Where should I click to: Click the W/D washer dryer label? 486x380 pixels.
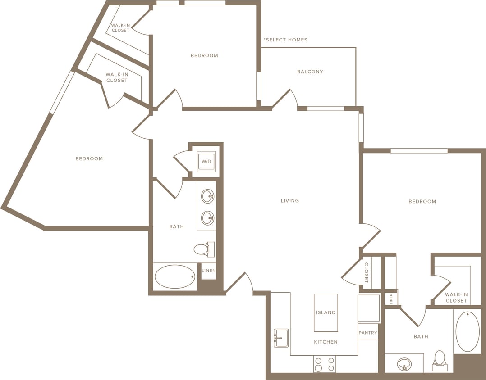coord(206,161)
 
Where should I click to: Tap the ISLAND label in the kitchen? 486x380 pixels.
coord(326,312)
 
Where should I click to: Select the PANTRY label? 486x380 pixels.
coord(368,333)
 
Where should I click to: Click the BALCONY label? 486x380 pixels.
coord(310,72)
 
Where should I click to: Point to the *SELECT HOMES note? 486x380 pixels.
coord(285,40)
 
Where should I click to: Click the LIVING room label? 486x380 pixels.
coord(290,201)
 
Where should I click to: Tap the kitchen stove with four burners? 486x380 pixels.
coord(325,364)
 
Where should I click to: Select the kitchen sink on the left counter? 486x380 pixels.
coord(281,338)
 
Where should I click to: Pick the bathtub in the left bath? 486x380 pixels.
coord(175,276)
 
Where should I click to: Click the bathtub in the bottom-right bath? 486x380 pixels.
coord(468,331)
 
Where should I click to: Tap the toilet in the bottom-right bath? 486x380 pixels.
coord(439,361)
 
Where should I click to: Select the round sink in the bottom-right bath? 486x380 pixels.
coord(404,363)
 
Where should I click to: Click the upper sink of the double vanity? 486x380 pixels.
coord(207,196)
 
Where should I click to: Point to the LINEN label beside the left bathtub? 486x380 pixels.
coord(208,271)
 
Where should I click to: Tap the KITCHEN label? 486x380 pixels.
coord(326,342)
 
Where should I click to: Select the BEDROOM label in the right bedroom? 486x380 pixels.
coord(422,201)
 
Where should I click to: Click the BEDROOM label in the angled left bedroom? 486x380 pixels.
coord(89,158)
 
